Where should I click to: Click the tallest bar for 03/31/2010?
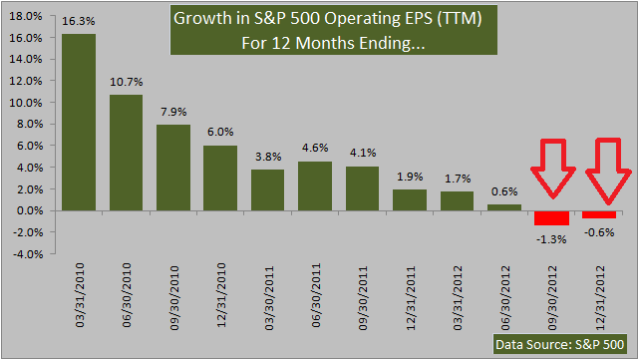[79, 123]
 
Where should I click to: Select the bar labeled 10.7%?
[127, 153]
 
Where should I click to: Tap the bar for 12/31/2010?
[220, 179]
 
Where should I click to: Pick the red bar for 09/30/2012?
[551, 218]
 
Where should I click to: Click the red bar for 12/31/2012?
[599, 214]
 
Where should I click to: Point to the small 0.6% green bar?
[504, 207]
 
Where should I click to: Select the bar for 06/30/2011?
[315, 185]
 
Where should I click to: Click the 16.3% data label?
[78, 21]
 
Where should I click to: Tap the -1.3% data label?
[551, 239]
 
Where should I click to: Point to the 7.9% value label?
[173, 112]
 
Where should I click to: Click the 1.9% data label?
[410, 177]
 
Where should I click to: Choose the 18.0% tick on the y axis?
[26, 16]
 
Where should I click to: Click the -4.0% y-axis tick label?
[28, 254]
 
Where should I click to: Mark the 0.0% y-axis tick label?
[29, 210]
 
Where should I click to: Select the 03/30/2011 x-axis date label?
[268, 298]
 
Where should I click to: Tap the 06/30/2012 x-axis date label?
[504, 298]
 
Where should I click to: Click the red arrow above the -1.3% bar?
[553, 169]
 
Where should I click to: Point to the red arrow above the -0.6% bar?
[608, 171]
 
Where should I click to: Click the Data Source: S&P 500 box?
[560, 344]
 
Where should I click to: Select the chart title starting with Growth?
[334, 30]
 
